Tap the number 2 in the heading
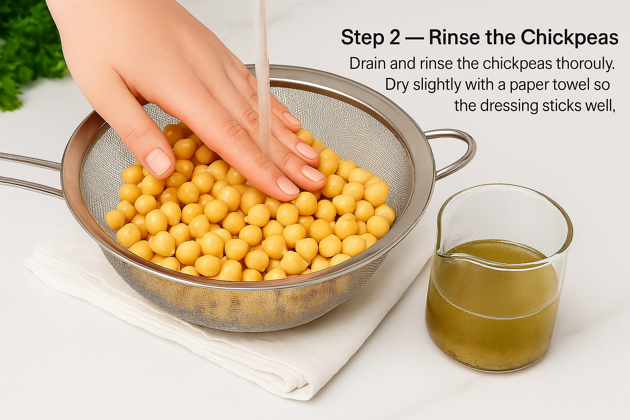tap(394, 38)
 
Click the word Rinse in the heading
tap(454, 38)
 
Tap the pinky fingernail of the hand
tap(291, 119)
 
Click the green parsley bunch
tap(25, 53)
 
